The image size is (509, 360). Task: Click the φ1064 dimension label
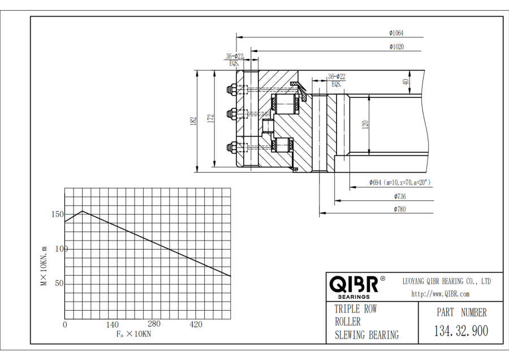(396, 33)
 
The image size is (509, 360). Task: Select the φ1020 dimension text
(396, 46)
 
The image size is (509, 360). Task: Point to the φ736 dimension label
(400, 196)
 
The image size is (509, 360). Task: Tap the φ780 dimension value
(400, 209)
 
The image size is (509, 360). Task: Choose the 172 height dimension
(210, 118)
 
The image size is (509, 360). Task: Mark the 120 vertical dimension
(365, 125)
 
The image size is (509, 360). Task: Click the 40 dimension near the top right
(406, 82)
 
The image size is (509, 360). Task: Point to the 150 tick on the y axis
(57, 215)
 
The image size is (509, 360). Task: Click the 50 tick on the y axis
(59, 284)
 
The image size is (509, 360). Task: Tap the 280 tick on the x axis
(154, 324)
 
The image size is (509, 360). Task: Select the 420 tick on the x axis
(196, 324)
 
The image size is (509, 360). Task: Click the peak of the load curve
(83, 211)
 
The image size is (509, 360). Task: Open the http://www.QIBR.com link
(440, 293)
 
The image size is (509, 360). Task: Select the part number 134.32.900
(461, 331)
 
